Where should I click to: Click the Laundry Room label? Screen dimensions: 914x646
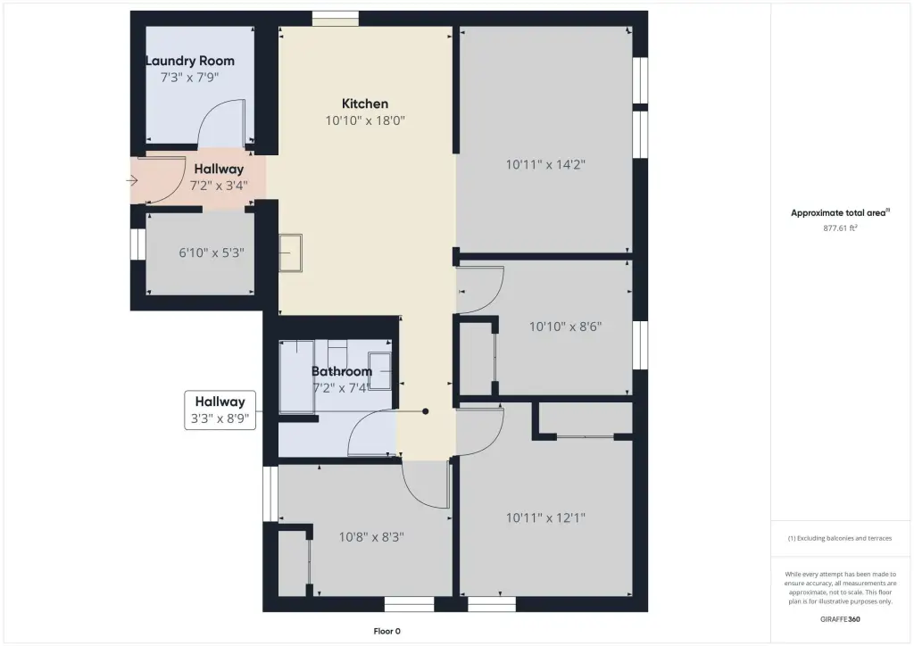tap(190, 61)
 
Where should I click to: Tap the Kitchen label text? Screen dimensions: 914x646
tap(365, 104)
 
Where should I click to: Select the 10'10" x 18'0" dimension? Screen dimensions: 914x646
tap(365, 120)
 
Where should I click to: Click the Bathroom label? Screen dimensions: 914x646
tap(342, 371)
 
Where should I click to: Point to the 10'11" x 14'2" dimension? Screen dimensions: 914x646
tap(545, 165)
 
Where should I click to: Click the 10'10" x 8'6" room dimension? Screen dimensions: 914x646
tap(565, 327)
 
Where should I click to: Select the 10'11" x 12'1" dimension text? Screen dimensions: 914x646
tap(545, 518)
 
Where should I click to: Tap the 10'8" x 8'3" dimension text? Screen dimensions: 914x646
tap(372, 537)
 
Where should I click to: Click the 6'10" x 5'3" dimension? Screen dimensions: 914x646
tap(212, 253)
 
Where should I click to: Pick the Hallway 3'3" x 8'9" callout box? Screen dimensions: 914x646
tap(220, 410)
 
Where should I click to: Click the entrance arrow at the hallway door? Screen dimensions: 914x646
tap(132, 180)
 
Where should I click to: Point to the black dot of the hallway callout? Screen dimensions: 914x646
tap(426, 411)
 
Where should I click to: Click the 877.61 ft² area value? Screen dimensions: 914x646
tap(840, 228)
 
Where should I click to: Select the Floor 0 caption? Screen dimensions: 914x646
tap(387, 631)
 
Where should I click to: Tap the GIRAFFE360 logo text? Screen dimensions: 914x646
tap(840, 619)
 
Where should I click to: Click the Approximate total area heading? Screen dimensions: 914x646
tap(840, 212)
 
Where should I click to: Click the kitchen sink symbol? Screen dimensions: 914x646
tap(290, 253)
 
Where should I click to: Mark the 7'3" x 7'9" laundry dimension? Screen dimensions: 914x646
tap(190, 78)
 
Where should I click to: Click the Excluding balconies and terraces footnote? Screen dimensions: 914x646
tap(840, 538)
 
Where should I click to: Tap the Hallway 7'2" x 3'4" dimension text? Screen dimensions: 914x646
tap(219, 186)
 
